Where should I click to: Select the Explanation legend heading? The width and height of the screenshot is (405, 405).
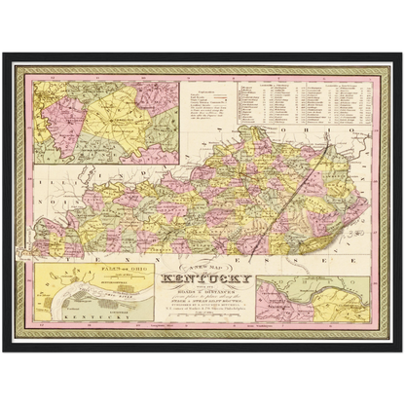[x=199, y=92]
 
